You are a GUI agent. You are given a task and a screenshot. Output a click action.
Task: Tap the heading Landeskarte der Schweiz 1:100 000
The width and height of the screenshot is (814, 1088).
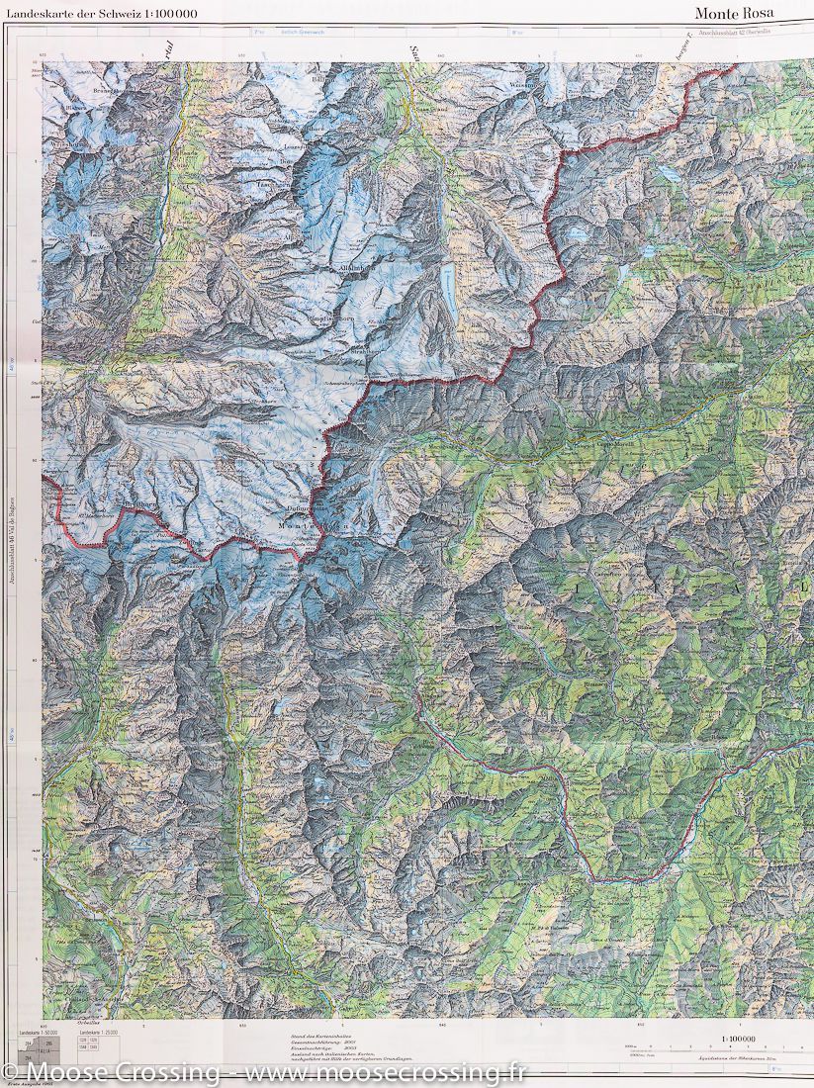point(101,13)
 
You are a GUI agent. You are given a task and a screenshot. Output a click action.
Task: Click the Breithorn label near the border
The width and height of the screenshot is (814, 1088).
point(138,503)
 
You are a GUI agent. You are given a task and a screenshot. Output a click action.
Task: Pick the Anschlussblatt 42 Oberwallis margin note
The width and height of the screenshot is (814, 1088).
point(741,34)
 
